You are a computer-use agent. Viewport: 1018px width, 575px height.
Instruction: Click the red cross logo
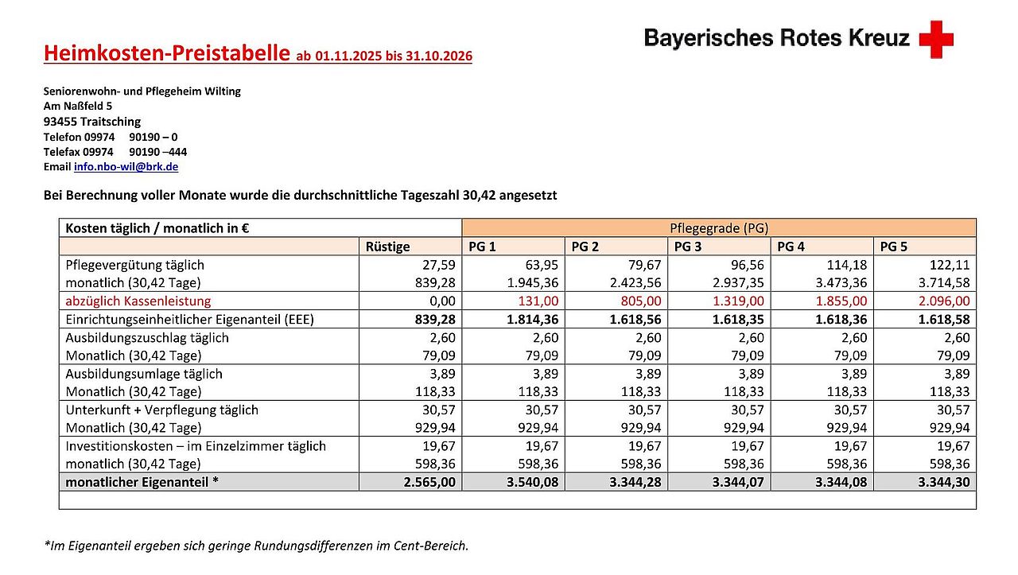pos(936,40)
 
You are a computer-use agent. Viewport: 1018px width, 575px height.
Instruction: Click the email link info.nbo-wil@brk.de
pos(126,167)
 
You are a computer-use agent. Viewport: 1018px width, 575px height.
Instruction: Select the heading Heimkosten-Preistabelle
pos(166,54)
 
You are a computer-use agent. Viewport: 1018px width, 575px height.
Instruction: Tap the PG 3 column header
pos(687,247)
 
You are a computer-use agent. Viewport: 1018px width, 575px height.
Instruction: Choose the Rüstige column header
pos(388,247)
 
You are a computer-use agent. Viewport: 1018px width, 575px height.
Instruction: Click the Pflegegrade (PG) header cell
pos(718,228)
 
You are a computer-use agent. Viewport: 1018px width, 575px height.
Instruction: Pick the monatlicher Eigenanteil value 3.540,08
pos(532,482)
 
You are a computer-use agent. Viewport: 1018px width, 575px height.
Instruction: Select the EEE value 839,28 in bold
pos(433,319)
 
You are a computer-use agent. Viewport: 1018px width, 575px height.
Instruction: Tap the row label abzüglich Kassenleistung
pos(138,301)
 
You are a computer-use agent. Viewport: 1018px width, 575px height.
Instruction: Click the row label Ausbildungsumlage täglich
pos(144,374)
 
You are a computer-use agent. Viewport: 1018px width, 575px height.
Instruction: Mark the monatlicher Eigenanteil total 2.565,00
pos(429,482)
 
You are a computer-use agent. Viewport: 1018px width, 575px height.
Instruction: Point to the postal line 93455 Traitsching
pos(91,122)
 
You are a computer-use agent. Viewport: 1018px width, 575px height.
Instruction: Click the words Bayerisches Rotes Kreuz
pos(776,38)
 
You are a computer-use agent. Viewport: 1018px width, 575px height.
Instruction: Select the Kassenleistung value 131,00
pos(538,301)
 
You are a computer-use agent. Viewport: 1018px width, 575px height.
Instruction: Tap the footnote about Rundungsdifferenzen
pos(256,546)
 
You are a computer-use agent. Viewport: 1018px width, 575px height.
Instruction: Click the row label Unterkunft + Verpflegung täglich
pos(161,410)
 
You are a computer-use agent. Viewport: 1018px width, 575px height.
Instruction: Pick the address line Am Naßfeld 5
pos(78,106)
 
